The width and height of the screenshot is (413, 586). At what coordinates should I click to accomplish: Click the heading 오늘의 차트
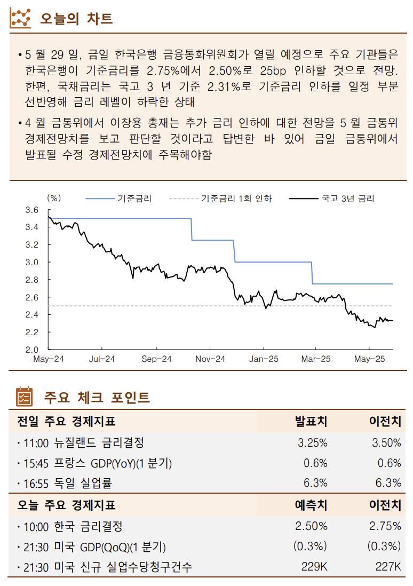click(x=76, y=19)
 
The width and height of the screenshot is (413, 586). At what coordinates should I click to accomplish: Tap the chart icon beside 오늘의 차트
click(x=21, y=18)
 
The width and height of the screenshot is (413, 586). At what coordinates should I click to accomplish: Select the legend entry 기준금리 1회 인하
click(x=236, y=199)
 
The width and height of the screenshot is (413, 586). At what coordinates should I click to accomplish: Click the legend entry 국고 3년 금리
click(x=347, y=199)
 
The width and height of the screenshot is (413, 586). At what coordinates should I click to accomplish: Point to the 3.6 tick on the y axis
click(x=31, y=210)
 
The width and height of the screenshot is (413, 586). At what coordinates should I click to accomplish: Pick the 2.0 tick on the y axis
click(x=31, y=350)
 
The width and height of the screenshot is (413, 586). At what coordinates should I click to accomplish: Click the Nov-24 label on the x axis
click(x=210, y=359)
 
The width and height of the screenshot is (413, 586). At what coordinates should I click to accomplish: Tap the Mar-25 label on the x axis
click(x=315, y=359)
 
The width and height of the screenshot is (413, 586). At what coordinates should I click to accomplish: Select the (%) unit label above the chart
click(x=54, y=198)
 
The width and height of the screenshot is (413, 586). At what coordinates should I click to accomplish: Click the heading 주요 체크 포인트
click(x=97, y=398)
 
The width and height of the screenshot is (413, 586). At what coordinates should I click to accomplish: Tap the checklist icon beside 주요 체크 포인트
click(x=24, y=397)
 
